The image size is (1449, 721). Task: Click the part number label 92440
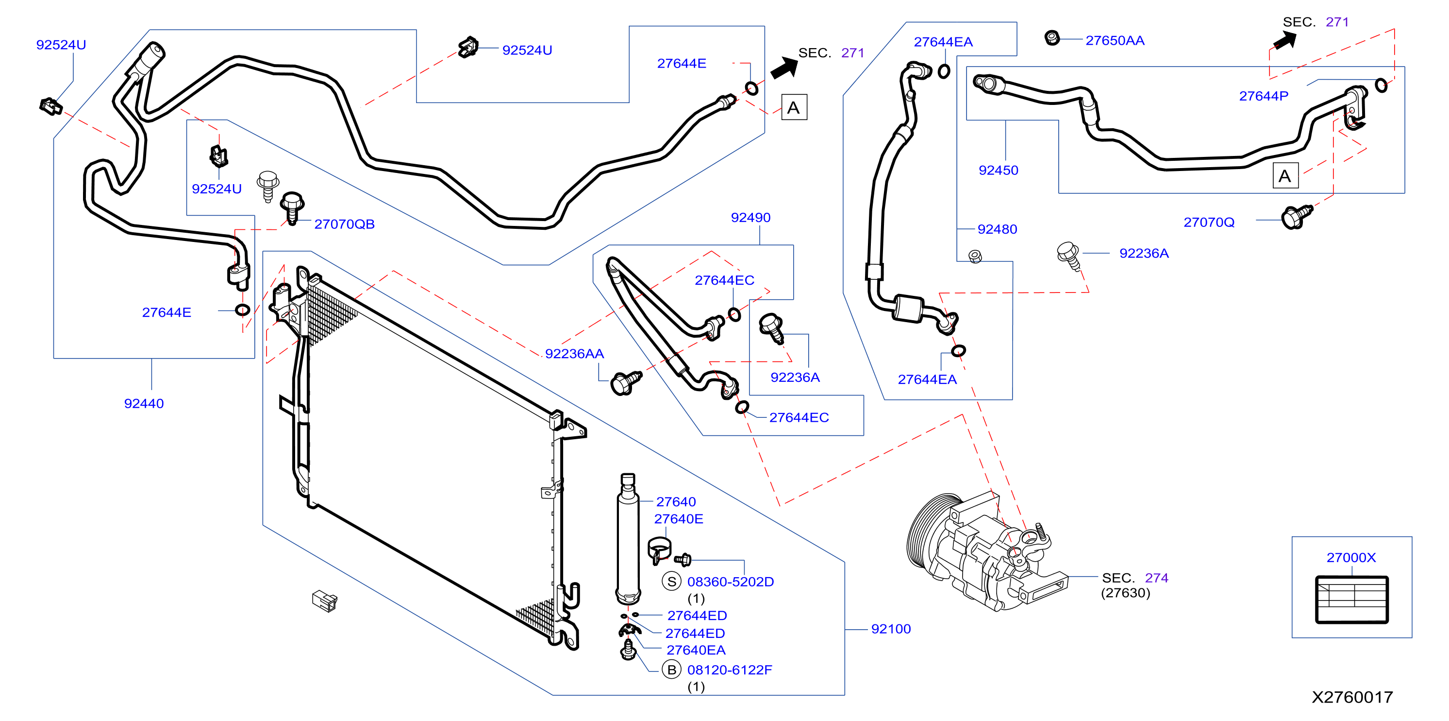click(144, 404)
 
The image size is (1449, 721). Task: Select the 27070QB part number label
click(344, 224)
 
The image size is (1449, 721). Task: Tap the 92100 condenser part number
click(891, 629)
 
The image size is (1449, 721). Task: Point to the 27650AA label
click(1115, 40)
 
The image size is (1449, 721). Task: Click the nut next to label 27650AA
click(1052, 38)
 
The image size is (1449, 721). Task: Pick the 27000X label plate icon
click(1352, 600)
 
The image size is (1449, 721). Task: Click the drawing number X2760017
click(1352, 697)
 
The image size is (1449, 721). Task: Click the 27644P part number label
click(1264, 96)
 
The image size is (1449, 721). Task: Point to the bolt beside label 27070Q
click(1296, 217)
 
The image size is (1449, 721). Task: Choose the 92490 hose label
click(750, 217)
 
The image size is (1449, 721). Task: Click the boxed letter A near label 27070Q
click(1285, 176)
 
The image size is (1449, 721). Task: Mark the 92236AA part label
click(574, 354)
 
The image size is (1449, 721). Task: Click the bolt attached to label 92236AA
click(626, 383)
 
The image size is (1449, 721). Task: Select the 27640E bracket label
click(678, 519)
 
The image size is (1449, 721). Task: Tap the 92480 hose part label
click(998, 229)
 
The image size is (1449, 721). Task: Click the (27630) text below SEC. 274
click(1126, 593)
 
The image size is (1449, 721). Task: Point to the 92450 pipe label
click(999, 170)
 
